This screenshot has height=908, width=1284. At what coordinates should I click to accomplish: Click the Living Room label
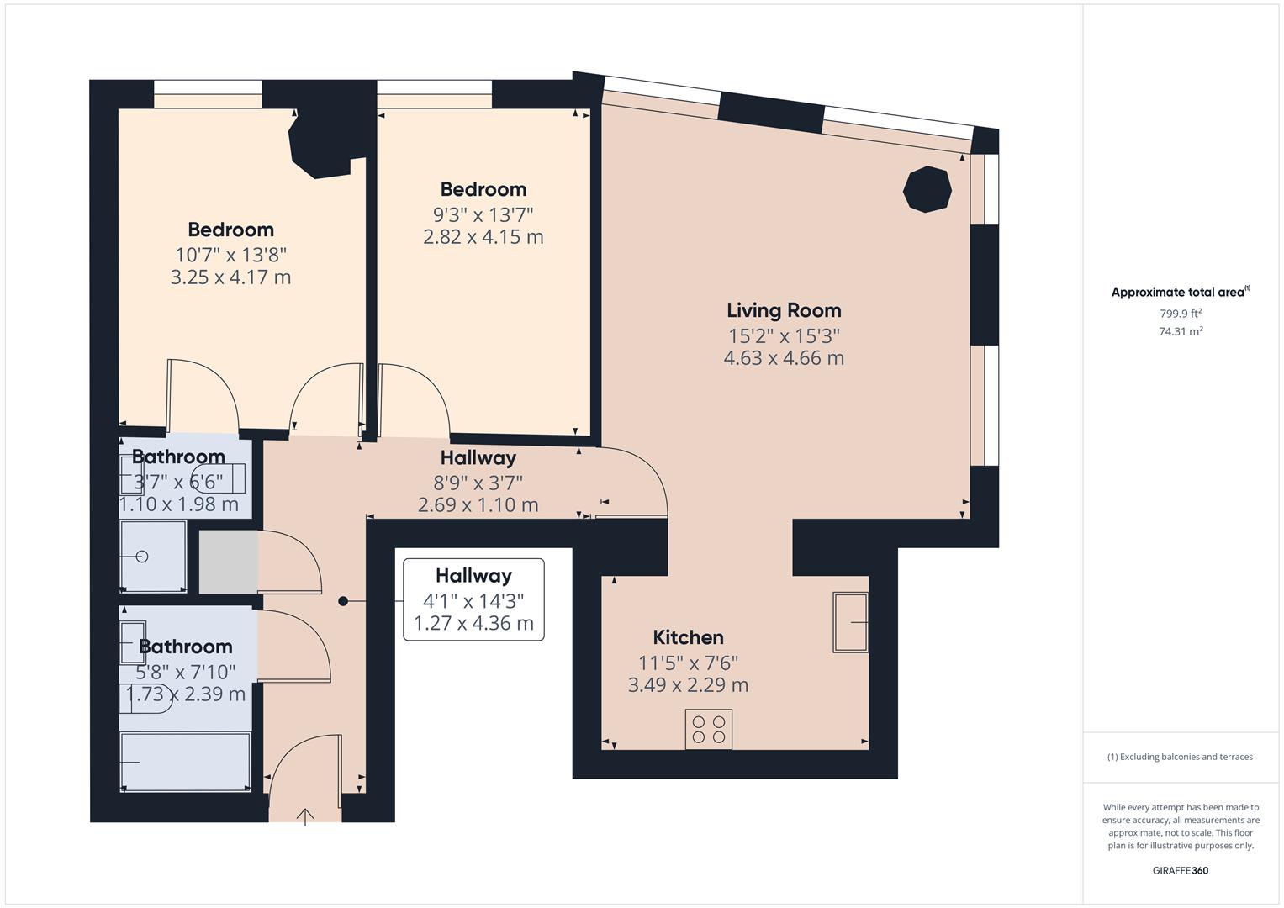click(784, 311)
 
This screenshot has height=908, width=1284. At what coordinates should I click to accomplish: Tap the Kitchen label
click(688, 637)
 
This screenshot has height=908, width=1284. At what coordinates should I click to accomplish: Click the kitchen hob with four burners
click(708, 729)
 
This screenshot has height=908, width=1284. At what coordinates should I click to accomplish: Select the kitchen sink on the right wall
click(850, 622)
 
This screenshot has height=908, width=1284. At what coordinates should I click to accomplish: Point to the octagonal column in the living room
click(927, 189)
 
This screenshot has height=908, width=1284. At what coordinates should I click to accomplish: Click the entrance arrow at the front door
click(305, 816)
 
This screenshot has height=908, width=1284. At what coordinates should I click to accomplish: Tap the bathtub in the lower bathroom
click(186, 762)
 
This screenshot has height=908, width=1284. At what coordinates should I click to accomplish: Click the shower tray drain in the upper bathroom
click(142, 557)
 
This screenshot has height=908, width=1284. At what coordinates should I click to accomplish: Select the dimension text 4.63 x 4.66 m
click(784, 358)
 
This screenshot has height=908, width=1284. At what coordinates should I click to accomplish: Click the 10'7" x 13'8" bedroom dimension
click(230, 254)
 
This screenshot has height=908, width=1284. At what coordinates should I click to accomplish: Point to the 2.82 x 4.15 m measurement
click(483, 237)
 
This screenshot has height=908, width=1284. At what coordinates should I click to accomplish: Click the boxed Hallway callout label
click(473, 576)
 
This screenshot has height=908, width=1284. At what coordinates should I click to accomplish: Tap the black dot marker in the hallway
click(343, 601)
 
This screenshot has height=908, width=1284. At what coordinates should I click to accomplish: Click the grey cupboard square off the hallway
click(228, 562)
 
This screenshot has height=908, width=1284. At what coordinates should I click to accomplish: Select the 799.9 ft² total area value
click(1181, 314)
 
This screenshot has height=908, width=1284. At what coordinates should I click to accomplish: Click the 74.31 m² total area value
click(1181, 331)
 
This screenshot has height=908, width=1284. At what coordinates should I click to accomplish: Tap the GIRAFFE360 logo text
click(1180, 870)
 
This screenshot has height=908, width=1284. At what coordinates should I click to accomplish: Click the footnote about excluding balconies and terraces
click(1180, 757)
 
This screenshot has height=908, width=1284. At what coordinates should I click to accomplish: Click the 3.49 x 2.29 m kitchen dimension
click(688, 685)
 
